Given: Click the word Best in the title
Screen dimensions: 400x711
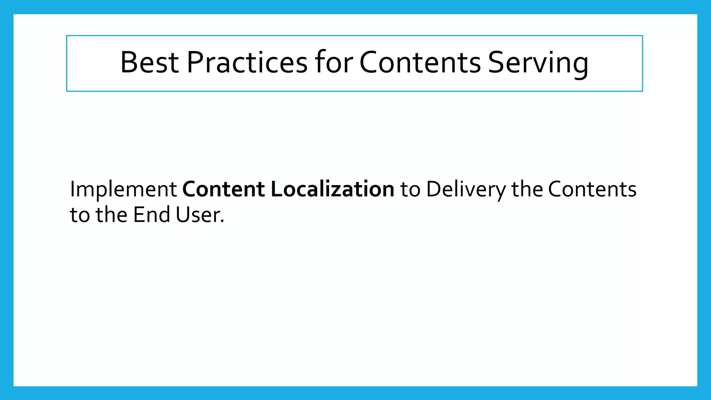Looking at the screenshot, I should pyautogui.click(x=149, y=62).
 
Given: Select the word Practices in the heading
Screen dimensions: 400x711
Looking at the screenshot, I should pyautogui.click(x=247, y=62).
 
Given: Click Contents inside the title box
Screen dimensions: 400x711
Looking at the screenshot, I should pyautogui.click(x=420, y=62).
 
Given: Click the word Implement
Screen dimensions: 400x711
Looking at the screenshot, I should pyautogui.click(x=123, y=190).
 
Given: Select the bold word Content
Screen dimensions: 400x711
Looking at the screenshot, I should pyautogui.click(x=224, y=189).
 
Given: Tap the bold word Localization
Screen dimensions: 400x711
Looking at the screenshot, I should pyautogui.click(x=332, y=189).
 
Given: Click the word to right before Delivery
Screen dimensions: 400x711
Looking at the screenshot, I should pyautogui.click(x=410, y=190).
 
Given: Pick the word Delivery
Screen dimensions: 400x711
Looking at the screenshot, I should pyautogui.click(x=466, y=190).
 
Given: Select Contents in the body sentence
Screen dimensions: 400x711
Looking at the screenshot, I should pyautogui.click(x=592, y=189).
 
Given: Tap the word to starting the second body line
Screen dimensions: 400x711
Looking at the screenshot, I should pyautogui.click(x=80, y=215).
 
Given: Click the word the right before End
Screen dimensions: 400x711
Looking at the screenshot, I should pyautogui.click(x=111, y=215).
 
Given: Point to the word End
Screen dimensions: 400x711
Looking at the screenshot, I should pyautogui.click(x=151, y=215).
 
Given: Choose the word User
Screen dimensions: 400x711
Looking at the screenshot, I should pyautogui.click(x=196, y=215).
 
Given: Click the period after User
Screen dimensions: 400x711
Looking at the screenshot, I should pyautogui.click(x=222, y=221).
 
